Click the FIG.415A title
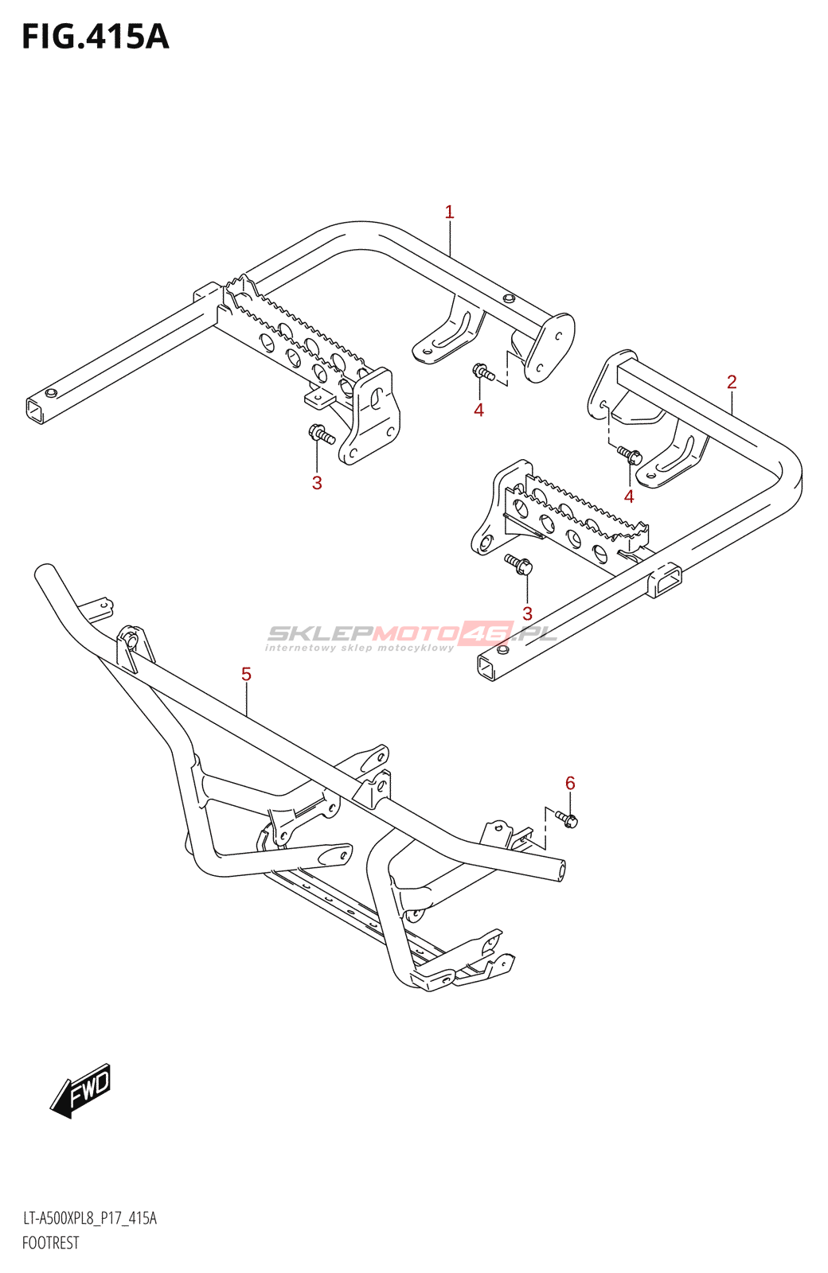96,37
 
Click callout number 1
449,212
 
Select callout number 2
732,382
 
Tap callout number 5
246,675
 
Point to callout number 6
570,783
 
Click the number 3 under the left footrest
317,482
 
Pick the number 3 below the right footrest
527,613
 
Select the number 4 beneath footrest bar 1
478,410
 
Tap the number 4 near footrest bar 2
629,496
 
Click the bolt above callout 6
568,819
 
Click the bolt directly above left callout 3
320,434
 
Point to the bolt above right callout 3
519,564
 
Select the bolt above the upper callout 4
483,372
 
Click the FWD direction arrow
81,1090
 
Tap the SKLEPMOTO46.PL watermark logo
411,636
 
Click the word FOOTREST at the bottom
51,1243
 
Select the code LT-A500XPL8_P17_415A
89,1218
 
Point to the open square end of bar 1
35,411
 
